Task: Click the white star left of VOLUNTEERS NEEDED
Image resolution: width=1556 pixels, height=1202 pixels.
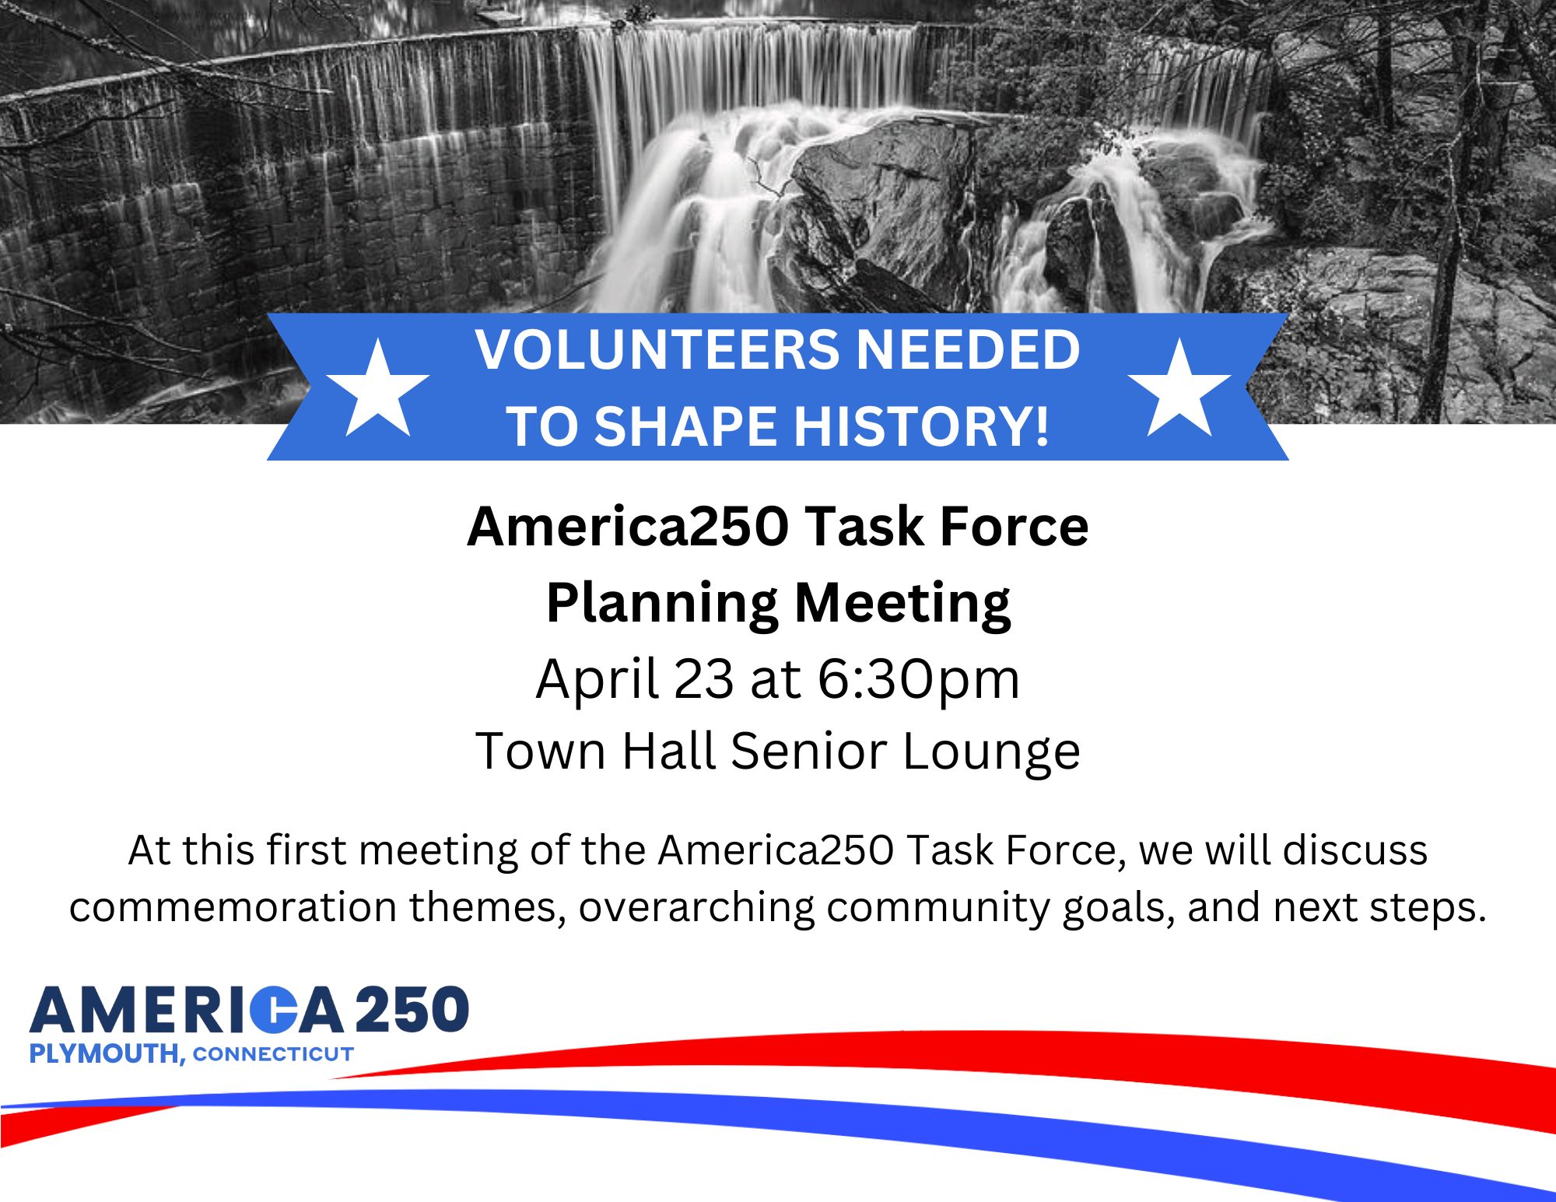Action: click(x=377, y=390)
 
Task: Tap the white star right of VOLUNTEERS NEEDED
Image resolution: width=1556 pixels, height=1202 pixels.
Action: click(x=1179, y=390)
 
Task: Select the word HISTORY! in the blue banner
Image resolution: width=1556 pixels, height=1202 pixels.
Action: click(x=921, y=426)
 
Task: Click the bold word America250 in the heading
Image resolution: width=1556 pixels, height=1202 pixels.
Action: click(x=628, y=527)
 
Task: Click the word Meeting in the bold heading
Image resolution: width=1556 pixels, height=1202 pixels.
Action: click(x=902, y=604)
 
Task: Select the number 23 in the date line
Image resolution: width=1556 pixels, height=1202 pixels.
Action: click(x=703, y=679)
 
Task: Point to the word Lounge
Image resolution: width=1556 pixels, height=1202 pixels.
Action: click(x=991, y=752)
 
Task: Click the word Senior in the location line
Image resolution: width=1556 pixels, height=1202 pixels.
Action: click(x=808, y=752)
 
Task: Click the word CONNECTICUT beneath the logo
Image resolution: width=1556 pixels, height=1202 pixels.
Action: click(x=273, y=1054)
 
